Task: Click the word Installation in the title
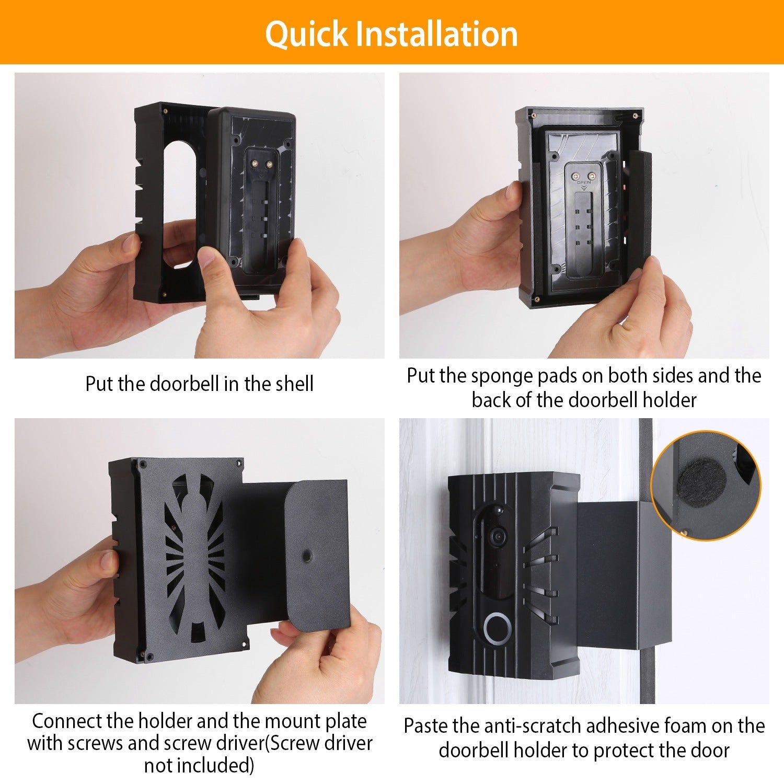click(x=436, y=34)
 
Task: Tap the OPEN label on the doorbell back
click(x=584, y=183)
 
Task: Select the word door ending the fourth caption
click(x=709, y=751)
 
